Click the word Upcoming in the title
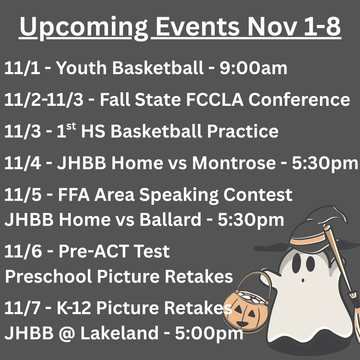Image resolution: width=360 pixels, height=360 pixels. click(x=84, y=27)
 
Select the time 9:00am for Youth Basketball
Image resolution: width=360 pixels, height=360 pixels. click(x=253, y=68)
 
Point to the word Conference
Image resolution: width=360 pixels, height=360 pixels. click(x=299, y=99)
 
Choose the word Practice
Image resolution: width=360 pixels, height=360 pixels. click(x=243, y=131)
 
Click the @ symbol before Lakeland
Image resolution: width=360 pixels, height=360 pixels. click(x=67, y=333)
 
